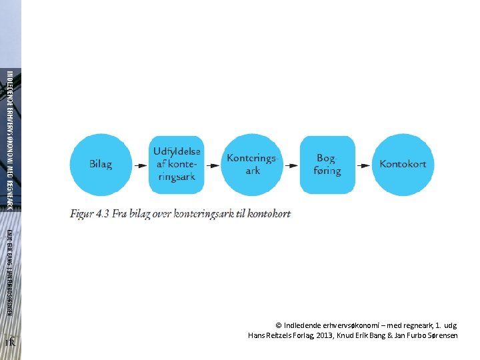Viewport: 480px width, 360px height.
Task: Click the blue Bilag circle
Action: [100, 165]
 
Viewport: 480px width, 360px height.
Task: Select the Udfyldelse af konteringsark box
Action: [177, 165]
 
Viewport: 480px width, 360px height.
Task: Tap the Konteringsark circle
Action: [253, 165]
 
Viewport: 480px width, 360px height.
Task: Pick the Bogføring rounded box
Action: [327, 165]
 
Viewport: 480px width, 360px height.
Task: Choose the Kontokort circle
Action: [403, 165]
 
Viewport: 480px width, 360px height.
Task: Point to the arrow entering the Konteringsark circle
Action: [214, 165]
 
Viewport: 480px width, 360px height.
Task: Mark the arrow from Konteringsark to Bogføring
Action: [291, 165]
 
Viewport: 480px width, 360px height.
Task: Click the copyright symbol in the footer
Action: [278, 325]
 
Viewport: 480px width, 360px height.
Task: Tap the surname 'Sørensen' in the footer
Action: [439, 335]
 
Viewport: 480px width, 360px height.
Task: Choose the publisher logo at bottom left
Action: [10, 343]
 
